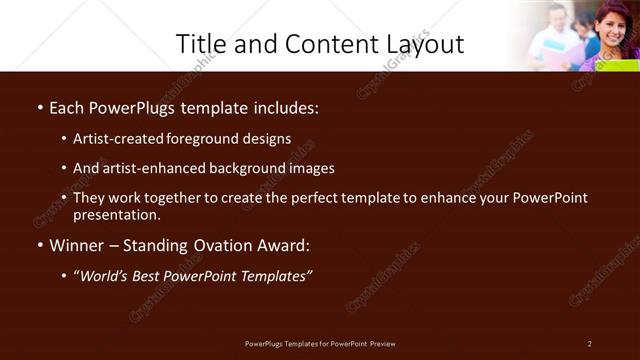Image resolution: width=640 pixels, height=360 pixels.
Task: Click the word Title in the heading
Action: click(x=201, y=44)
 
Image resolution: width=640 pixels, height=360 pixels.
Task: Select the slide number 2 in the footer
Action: click(x=590, y=344)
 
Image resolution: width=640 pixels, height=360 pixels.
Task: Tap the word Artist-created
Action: click(x=121, y=139)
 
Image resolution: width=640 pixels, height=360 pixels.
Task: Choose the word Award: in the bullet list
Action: click(x=282, y=245)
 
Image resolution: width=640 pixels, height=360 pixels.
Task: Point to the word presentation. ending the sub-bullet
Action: click(x=116, y=214)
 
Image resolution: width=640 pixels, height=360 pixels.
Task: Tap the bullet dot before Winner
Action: click(x=39, y=246)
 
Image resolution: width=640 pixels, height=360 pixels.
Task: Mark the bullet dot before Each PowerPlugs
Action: click(x=39, y=108)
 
